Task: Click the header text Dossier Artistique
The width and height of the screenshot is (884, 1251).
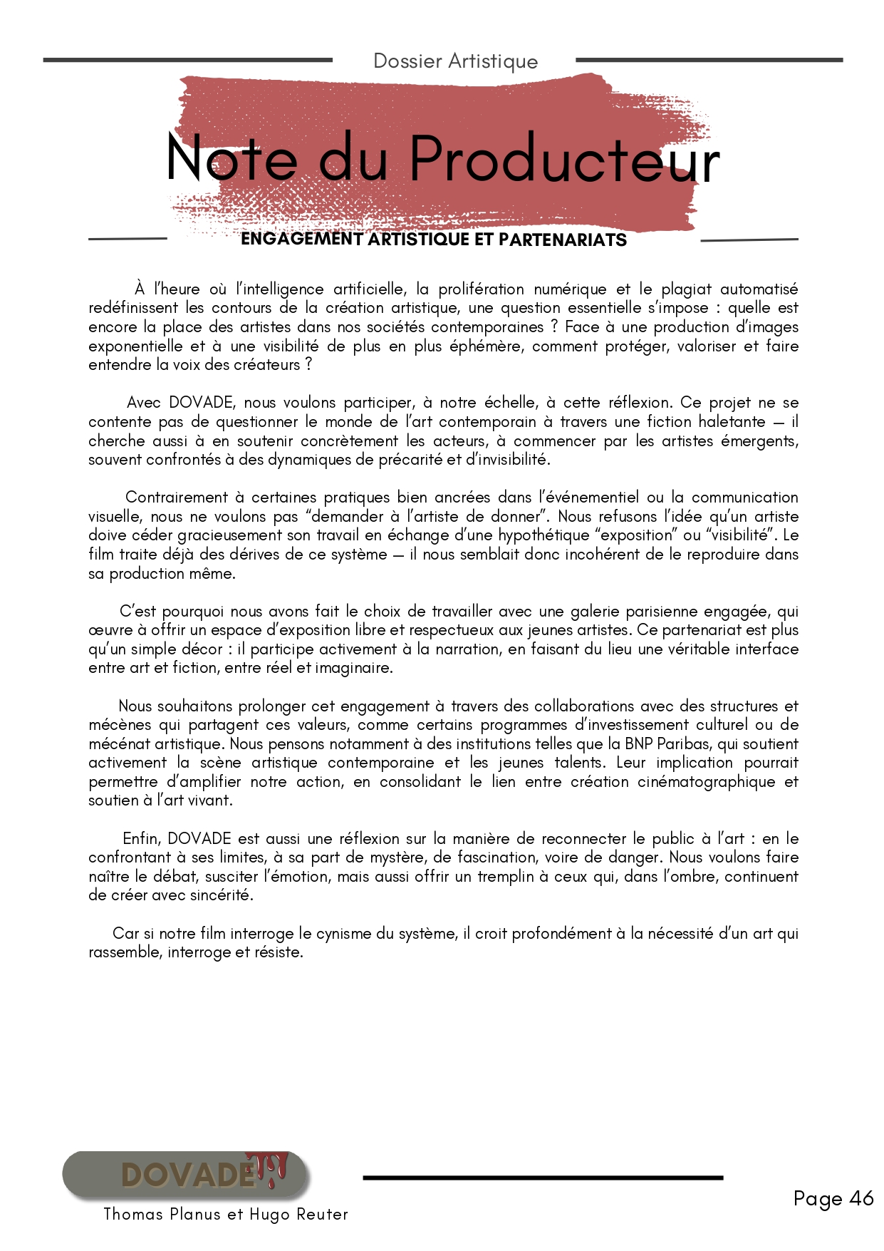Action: (455, 61)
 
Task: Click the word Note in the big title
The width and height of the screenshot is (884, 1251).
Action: (232, 158)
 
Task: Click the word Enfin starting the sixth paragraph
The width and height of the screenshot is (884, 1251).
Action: (142, 839)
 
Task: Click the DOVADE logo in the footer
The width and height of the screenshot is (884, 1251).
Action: (187, 1175)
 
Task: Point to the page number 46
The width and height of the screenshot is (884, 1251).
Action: (861, 1199)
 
